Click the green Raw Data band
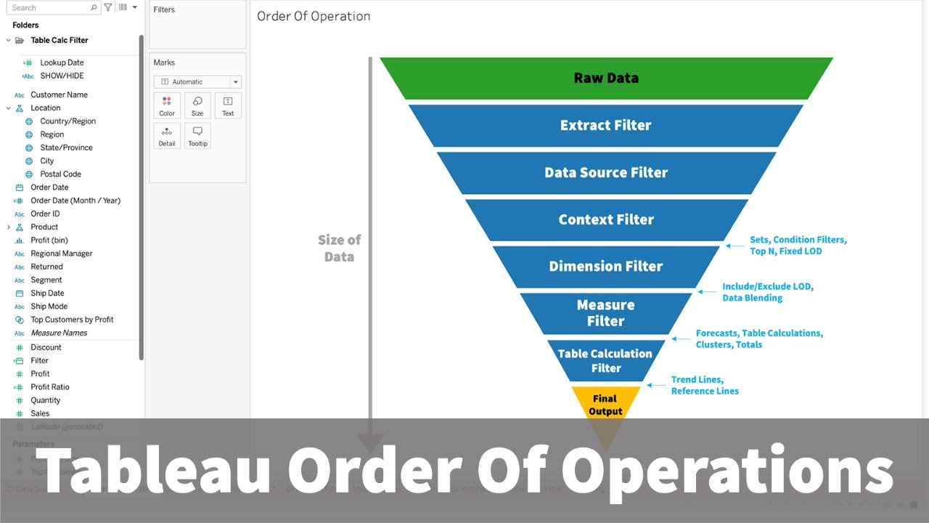point(606,78)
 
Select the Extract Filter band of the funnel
point(606,125)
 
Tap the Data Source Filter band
point(606,173)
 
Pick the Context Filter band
point(606,219)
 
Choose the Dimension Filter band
point(606,267)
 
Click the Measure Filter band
point(606,313)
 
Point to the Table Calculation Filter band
point(605,360)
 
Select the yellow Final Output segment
point(605,404)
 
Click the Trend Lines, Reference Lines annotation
point(704,385)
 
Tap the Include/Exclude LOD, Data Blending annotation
point(767,292)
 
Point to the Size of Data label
point(339,248)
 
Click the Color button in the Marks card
point(167,106)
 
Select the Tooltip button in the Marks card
point(197,136)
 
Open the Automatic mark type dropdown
point(197,82)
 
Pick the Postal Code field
point(60,174)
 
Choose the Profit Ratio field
point(50,387)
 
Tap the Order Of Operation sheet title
point(314,16)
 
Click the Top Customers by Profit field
point(72,320)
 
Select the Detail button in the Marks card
point(167,136)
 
